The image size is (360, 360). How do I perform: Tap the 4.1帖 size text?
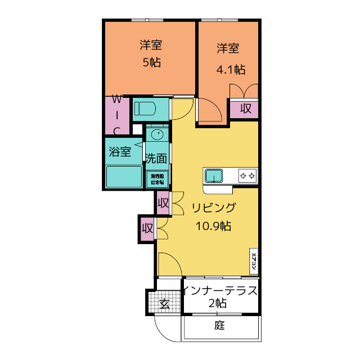coord(231,70)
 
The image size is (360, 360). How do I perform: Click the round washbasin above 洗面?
coord(157,135)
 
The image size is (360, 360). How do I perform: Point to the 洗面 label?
coord(156,159)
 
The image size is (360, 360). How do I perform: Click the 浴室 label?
coord(120,152)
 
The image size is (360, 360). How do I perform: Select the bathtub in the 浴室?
coord(124,177)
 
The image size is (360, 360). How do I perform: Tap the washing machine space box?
coord(157,179)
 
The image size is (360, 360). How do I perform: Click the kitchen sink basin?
coord(214,176)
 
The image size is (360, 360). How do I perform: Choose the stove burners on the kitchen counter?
coord(247,176)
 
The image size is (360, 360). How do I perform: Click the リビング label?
coord(214,208)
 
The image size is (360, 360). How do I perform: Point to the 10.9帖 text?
coord(213,226)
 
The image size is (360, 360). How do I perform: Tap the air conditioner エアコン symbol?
coord(254,261)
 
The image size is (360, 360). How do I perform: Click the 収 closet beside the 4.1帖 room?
coord(246,109)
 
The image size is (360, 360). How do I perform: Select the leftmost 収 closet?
coord(147,229)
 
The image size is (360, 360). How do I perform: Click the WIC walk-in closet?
coord(117,115)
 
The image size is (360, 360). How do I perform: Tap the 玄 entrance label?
coord(164,304)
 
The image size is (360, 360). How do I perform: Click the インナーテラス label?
coord(220,291)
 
